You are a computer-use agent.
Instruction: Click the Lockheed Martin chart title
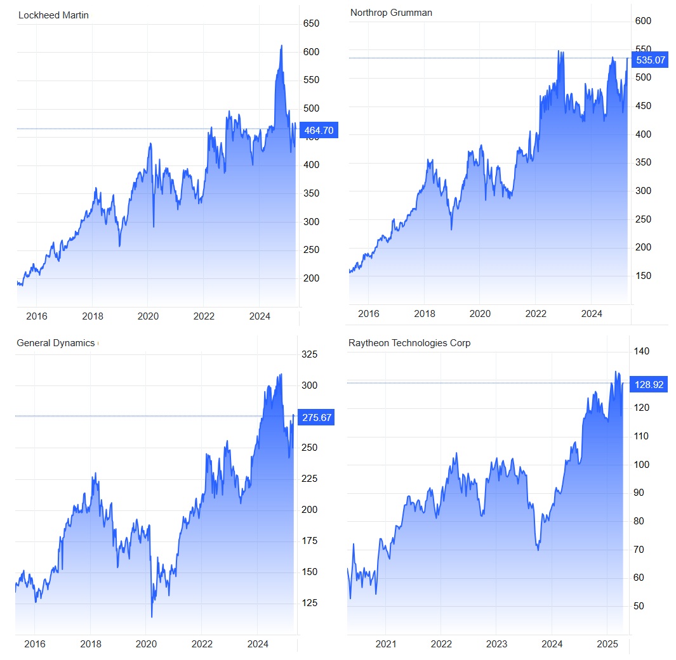(53, 15)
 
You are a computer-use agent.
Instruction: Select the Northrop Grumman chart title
(391, 13)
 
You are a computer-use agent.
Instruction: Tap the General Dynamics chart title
(55, 343)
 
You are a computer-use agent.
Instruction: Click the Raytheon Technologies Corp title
(409, 343)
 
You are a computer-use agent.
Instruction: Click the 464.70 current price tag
(318, 131)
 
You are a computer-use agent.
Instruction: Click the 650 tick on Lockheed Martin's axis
(311, 23)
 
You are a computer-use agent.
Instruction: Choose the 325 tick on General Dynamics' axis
(308, 354)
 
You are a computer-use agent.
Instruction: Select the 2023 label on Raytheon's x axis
(496, 644)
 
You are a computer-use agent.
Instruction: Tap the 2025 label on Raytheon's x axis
(607, 644)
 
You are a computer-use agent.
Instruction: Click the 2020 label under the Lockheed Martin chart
(148, 316)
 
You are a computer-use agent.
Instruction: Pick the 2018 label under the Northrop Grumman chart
(425, 314)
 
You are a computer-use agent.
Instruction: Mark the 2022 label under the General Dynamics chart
(201, 644)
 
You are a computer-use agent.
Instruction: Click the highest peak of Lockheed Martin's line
(281, 46)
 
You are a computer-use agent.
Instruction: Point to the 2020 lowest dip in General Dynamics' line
(152, 617)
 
